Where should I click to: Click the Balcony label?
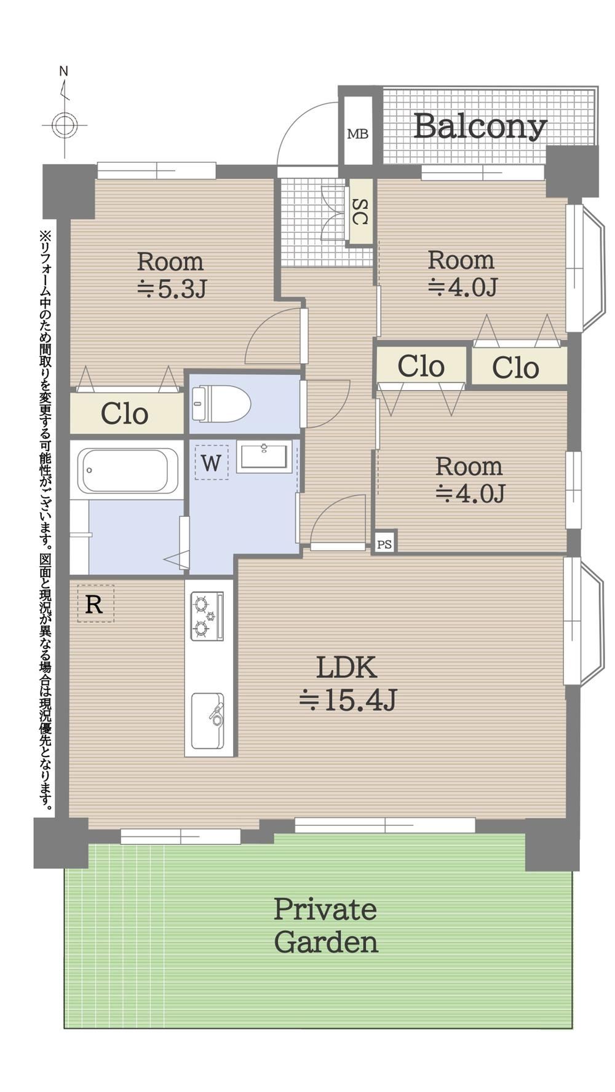click(480, 127)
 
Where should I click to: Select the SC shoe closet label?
click(360, 212)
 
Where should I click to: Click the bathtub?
click(128, 470)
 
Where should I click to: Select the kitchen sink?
click(207, 721)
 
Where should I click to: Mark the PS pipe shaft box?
click(384, 543)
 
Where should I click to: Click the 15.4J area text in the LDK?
click(348, 700)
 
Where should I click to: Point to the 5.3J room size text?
click(171, 288)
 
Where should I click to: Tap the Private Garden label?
click(325, 925)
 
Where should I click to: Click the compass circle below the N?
click(64, 126)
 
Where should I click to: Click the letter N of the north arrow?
click(63, 71)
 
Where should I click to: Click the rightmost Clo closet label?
click(516, 367)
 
